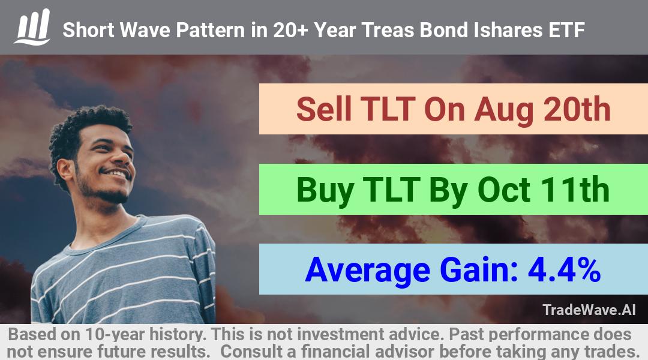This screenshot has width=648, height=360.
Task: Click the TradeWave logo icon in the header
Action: coord(32,27)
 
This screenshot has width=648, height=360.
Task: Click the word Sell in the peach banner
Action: coord(325,109)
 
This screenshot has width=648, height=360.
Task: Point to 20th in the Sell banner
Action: coord(577,109)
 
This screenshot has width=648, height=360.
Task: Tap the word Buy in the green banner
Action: coord(325,191)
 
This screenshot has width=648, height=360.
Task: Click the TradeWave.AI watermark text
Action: coord(589,310)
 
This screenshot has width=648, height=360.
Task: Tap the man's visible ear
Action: coord(65,170)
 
